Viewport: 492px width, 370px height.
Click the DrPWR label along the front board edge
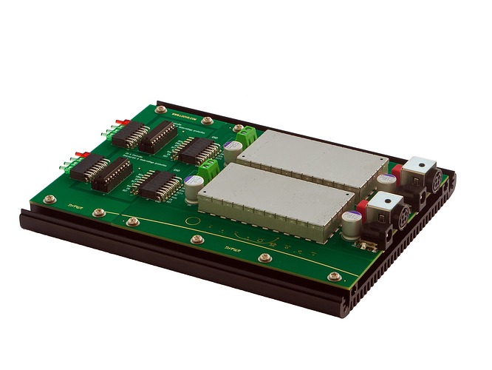click(x=236, y=249)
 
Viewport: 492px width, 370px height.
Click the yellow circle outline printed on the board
click(x=191, y=221)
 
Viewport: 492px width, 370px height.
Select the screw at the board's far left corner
click(x=50, y=198)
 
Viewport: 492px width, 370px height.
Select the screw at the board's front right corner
click(x=335, y=277)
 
